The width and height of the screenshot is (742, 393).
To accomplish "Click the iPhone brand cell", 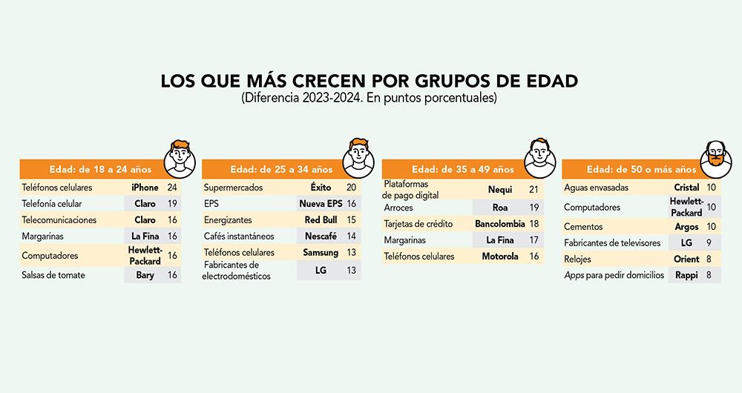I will (x=145, y=188).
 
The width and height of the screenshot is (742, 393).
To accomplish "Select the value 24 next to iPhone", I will (x=172, y=188).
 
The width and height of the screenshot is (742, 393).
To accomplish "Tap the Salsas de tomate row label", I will (x=53, y=275).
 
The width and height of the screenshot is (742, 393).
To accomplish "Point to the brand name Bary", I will (x=145, y=275).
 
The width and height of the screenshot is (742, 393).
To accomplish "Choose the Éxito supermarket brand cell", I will (x=321, y=188).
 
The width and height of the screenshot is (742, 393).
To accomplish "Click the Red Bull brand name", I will (x=321, y=220).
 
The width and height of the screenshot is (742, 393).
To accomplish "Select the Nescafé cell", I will (x=321, y=237).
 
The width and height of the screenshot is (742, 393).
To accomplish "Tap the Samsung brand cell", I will (x=321, y=253).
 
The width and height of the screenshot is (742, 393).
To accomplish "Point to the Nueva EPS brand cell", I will (x=321, y=204).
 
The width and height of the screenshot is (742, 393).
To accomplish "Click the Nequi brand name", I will (x=499, y=190).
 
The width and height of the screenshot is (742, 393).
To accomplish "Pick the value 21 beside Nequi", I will (x=533, y=190).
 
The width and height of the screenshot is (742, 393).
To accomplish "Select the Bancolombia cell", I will (x=499, y=223).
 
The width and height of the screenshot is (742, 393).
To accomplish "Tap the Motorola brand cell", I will (x=499, y=256).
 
